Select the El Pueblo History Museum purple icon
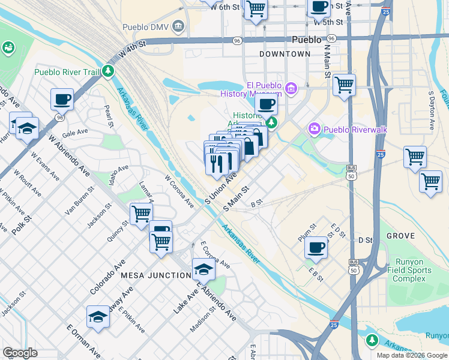tap(291, 89)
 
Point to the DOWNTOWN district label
tap(285, 54)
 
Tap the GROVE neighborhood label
tap(401, 236)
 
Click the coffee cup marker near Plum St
tap(316, 247)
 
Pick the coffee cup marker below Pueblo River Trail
tap(62, 99)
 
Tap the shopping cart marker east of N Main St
tap(344, 85)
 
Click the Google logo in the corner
tap(20, 353)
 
